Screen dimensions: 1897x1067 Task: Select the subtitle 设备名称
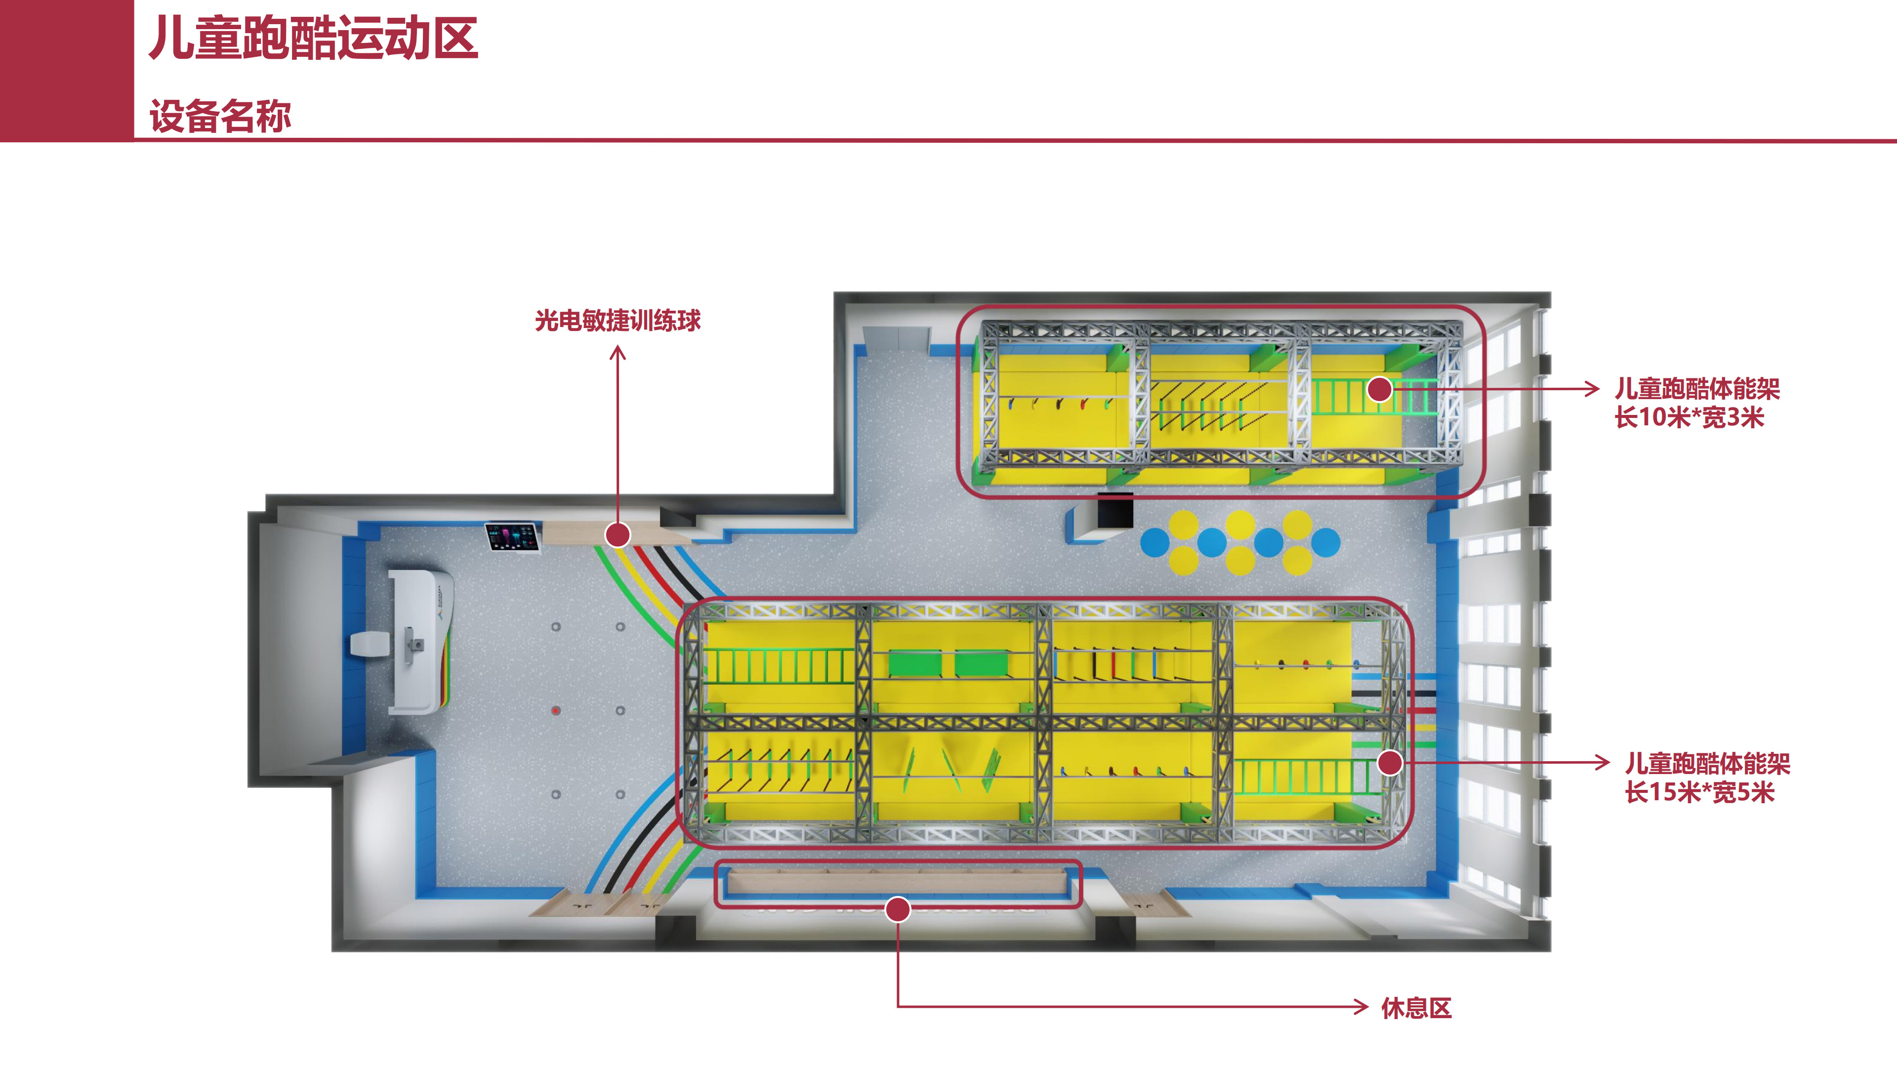tap(220, 117)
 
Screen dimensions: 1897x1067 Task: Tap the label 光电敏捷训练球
tap(618, 320)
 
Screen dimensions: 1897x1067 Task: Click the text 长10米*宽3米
tap(1690, 417)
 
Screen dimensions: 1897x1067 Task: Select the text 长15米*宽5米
tap(1699, 792)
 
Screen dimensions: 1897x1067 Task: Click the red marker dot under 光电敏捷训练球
tap(618, 534)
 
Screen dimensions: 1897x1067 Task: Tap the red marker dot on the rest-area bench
tap(898, 910)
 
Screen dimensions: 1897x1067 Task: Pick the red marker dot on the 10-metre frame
tap(1379, 389)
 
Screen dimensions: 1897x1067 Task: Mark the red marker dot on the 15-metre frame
tap(1390, 763)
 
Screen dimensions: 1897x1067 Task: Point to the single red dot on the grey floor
tap(556, 711)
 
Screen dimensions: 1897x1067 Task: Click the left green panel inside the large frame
tap(914, 663)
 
